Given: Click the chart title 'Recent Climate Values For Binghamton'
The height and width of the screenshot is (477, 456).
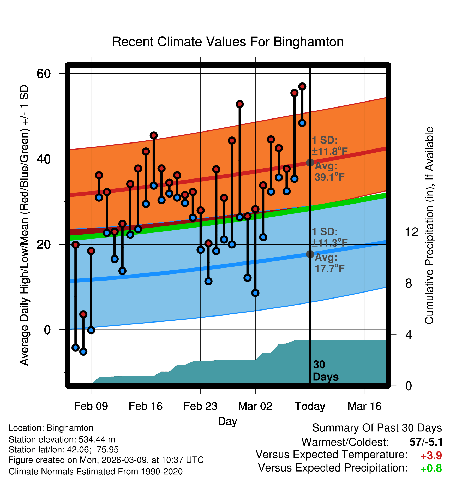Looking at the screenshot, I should [x=228, y=42].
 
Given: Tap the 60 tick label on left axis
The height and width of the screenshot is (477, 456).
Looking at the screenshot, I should [x=44, y=74].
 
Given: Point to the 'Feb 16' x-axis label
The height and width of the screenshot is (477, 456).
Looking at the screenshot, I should [x=146, y=406].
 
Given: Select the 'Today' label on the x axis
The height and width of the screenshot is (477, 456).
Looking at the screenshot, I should [x=310, y=406].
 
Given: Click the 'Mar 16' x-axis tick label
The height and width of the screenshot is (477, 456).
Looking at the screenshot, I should [x=364, y=406].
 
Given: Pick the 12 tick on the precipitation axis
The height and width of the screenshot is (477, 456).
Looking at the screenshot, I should [x=411, y=232].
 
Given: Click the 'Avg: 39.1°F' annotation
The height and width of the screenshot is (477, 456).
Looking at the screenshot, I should [x=329, y=171].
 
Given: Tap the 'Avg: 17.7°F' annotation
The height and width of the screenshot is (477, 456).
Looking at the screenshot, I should [x=329, y=263].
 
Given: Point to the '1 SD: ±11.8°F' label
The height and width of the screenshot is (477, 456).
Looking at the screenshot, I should [x=329, y=146].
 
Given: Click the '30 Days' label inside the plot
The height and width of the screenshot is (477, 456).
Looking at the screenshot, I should [x=325, y=371].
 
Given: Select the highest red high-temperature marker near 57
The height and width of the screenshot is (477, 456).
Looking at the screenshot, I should [x=302, y=86].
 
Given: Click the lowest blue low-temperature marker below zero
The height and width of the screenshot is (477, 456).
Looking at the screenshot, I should [x=83, y=351].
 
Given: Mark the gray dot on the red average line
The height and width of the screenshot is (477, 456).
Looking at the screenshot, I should [x=310, y=163].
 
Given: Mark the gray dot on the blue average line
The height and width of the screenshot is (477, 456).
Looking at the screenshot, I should [x=310, y=254].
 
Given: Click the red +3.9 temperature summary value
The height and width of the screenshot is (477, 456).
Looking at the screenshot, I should [x=431, y=456].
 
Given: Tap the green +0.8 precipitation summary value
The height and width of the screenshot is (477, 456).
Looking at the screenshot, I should [x=431, y=468].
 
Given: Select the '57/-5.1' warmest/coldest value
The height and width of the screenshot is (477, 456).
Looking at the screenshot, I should [x=426, y=442].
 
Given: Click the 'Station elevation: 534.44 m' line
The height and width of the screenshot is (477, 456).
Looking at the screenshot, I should [x=62, y=439].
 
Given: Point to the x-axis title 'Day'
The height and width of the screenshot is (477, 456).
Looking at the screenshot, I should [x=227, y=421].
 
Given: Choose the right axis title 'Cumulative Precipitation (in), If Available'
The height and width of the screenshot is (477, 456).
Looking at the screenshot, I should [x=429, y=225].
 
